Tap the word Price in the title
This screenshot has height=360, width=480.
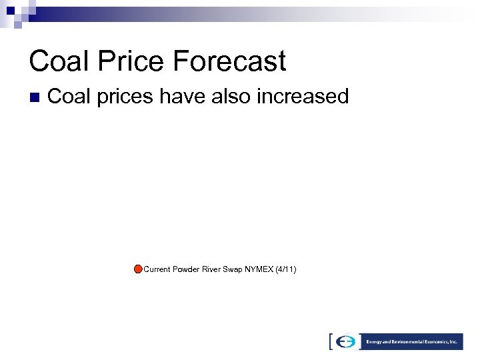pyautogui.click(x=129, y=61)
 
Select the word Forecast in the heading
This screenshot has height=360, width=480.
pyautogui.click(x=230, y=61)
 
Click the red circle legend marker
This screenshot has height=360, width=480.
pyautogui.click(x=137, y=269)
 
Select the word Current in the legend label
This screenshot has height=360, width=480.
pyautogui.click(x=157, y=269)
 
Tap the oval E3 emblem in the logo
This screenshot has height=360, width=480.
pyautogui.click(x=346, y=341)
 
